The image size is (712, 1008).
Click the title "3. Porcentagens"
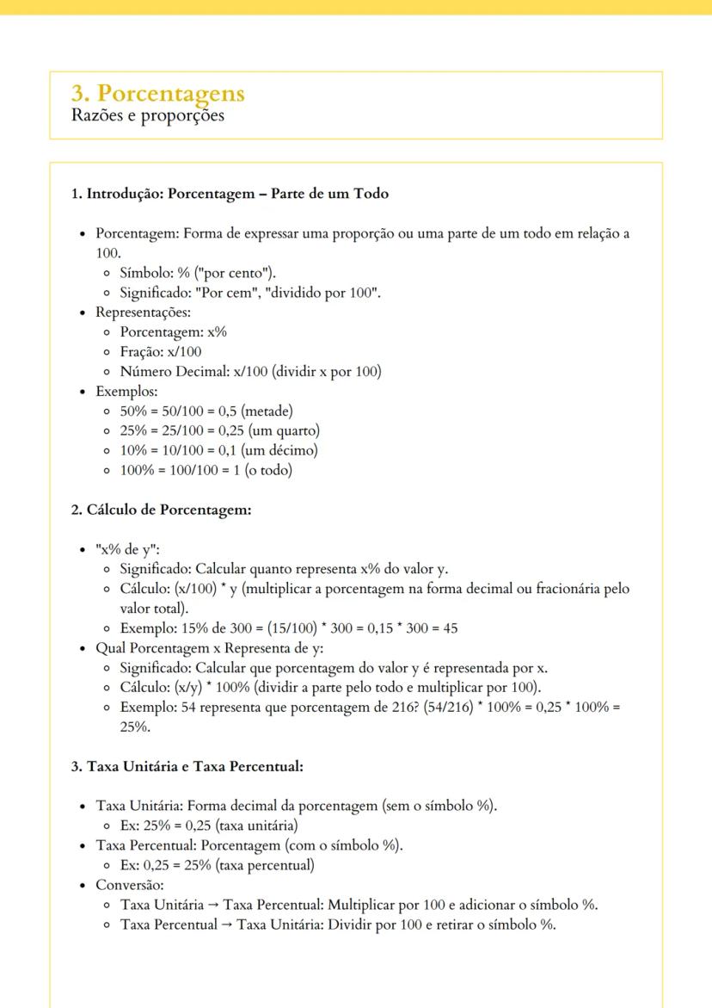[157, 93]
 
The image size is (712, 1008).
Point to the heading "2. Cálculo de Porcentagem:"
[160, 510]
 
